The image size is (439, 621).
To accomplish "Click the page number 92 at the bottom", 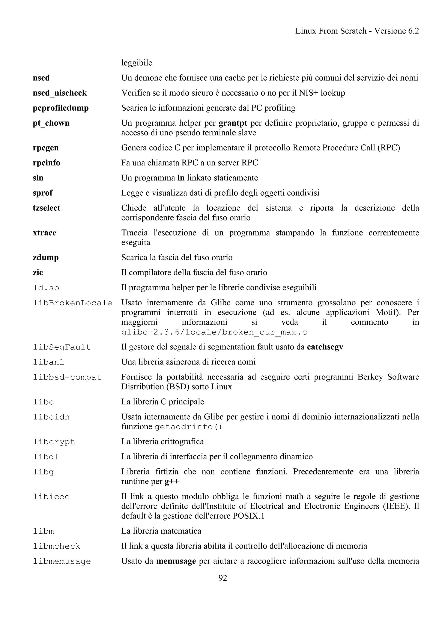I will [223, 578].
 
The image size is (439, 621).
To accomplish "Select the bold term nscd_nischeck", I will [60, 93].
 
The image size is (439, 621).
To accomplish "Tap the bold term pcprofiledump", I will [61, 108].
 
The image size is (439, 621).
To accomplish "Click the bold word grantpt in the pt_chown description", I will [233, 123].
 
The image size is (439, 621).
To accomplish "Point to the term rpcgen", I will [46, 148].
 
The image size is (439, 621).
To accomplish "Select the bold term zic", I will [38, 272].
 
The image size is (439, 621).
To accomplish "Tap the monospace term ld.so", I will [46, 288].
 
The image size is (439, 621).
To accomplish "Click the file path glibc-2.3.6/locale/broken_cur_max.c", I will [214, 332].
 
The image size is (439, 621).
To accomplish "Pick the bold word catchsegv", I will [325, 347].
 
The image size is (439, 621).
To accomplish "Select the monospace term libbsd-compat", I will [67, 377].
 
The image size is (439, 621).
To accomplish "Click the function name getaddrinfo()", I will [188, 427].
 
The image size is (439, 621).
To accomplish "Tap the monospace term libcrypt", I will [54, 442].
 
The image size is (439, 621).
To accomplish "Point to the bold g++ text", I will [172, 481].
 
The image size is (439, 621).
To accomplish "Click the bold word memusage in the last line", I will [176, 561].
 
